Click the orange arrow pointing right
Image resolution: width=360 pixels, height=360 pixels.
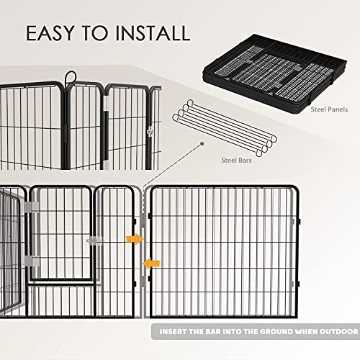pos(133,238)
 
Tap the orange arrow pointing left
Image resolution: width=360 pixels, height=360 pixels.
pos(150,264)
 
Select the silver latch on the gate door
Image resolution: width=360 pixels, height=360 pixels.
pos(94,240)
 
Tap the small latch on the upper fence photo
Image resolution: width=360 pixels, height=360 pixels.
pos(150,132)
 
